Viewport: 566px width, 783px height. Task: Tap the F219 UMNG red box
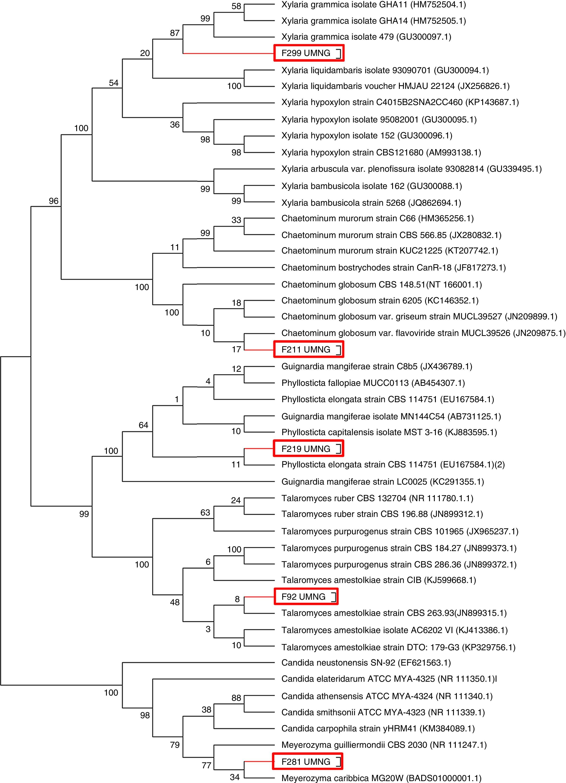(309, 449)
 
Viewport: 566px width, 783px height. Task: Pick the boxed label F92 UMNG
(306, 597)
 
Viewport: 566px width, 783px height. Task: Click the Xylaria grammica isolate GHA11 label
(373, 5)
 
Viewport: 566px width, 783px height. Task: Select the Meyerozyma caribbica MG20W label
(381, 778)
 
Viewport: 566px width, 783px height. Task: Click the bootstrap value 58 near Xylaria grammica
(236, 7)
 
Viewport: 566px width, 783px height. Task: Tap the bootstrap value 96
(54, 201)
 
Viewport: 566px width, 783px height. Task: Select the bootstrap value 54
(114, 83)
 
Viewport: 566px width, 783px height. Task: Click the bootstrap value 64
(143, 425)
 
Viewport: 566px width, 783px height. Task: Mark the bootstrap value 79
(175, 745)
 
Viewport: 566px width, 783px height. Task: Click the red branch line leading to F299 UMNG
(228, 53)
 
